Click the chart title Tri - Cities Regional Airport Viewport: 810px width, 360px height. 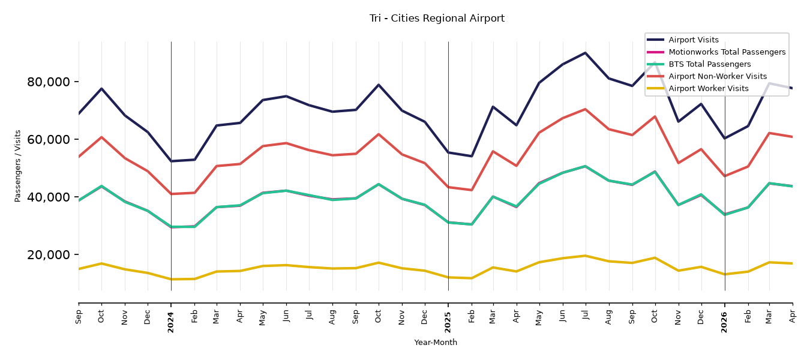point(437,19)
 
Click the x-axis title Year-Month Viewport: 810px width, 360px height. point(436,342)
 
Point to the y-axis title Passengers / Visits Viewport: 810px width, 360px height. point(18,166)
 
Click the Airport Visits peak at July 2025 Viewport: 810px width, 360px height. point(585,53)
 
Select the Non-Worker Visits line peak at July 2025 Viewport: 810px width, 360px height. point(585,109)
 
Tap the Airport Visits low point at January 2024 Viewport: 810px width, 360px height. point(171,161)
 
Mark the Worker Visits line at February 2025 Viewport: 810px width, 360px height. point(471,278)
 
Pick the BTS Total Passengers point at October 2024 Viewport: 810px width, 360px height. point(379,184)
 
